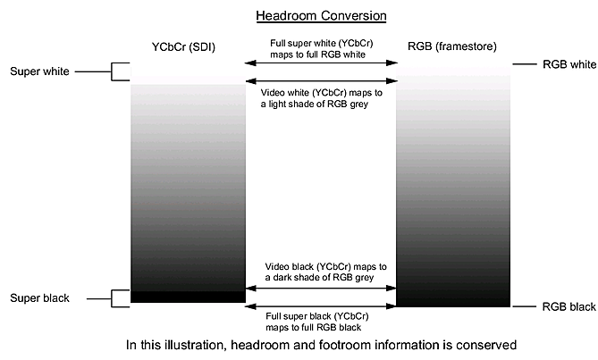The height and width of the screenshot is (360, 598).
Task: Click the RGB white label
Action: point(569,64)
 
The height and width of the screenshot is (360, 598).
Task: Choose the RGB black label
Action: point(569,307)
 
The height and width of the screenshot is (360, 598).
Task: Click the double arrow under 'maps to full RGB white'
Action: point(322,63)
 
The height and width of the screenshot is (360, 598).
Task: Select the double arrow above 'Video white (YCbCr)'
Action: point(322,81)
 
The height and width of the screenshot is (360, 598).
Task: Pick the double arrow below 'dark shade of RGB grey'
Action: point(322,288)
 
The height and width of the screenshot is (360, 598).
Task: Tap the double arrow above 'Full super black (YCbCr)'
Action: point(322,306)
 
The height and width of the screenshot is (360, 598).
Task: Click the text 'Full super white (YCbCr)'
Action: point(322,42)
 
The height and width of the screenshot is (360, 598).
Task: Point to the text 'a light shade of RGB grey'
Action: point(316,105)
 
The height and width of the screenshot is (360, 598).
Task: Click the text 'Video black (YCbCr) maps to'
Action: point(325,266)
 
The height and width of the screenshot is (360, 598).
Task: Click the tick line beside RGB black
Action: point(526,307)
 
